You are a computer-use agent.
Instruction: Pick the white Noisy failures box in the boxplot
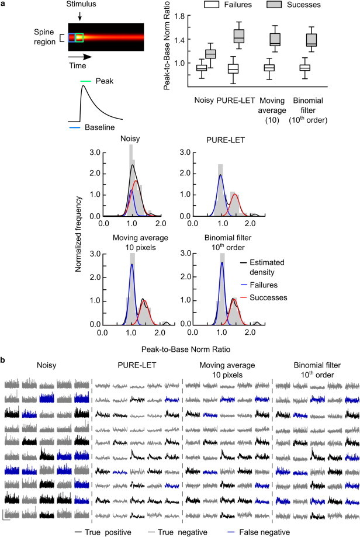pyautogui.click(x=201, y=68)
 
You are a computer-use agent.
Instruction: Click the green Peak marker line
pyautogui.click(x=86, y=82)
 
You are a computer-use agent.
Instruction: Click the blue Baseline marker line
pyautogui.click(x=74, y=126)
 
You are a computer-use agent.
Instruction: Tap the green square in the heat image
pyautogui.click(x=79, y=38)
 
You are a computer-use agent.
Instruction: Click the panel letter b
pyautogui.click(x=4, y=361)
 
